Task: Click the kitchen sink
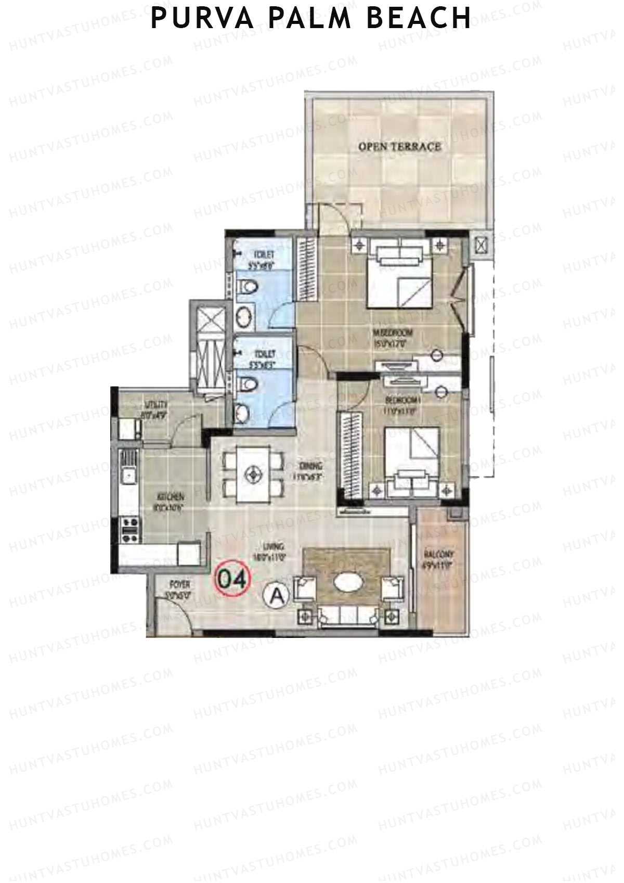pyautogui.click(x=127, y=475)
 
